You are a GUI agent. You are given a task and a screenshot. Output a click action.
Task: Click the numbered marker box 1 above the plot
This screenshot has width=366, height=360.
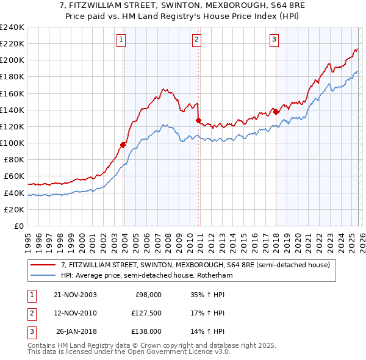(x=121, y=40)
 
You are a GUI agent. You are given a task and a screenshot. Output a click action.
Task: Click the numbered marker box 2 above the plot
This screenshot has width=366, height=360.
(x=197, y=40)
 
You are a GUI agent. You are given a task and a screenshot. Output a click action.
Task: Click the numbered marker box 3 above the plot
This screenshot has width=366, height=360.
(x=274, y=40)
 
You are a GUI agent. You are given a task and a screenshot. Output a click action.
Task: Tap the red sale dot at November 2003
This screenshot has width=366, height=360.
(x=123, y=145)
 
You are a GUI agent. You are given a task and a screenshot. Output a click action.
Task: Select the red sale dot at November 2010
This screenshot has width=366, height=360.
(x=198, y=120)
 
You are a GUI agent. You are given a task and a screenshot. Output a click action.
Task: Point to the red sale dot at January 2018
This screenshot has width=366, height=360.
(x=276, y=112)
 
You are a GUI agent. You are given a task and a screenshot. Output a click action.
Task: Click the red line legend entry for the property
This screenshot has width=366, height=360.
(x=195, y=265)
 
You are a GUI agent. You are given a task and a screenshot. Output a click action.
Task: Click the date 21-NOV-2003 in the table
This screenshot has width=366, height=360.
(x=75, y=294)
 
